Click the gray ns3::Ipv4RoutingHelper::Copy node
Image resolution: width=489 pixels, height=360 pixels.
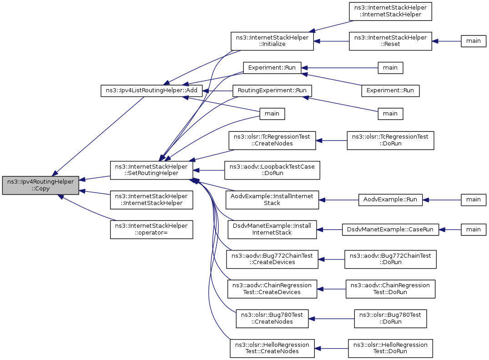click(x=40, y=185)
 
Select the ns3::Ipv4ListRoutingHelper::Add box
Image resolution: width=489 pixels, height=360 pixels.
click(x=151, y=90)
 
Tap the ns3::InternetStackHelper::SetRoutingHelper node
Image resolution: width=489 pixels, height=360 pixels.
click(x=151, y=170)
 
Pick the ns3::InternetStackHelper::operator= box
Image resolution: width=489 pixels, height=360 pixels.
click(x=151, y=230)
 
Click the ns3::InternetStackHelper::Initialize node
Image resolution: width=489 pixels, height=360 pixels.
click(x=272, y=41)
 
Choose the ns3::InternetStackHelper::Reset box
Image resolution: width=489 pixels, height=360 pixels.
click(x=390, y=41)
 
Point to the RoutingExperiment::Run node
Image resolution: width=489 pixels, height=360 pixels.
click(x=272, y=90)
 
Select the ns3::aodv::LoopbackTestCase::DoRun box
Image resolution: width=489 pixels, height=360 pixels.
click(x=272, y=170)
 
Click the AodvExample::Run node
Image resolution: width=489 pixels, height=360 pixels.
click(x=390, y=200)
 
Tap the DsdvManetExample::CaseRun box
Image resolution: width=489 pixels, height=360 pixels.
click(x=390, y=230)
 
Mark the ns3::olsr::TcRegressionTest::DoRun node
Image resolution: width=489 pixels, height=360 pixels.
click(x=390, y=140)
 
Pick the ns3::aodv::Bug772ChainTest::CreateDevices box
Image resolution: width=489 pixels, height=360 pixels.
click(x=272, y=259)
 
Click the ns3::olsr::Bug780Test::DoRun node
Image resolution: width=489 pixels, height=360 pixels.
click(x=390, y=319)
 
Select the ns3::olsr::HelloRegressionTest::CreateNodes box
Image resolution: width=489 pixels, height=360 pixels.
click(x=272, y=348)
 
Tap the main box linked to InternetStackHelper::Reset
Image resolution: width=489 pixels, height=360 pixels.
click(x=474, y=41)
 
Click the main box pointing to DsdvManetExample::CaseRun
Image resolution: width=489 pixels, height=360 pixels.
click(x=474, y=230)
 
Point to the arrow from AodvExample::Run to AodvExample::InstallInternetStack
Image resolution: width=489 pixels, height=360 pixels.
click(x=339, y=200)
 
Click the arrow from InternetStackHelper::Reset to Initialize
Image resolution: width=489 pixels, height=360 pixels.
click(x=331, y=41)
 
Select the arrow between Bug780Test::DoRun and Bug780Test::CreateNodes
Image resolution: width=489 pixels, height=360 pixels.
click(x=331, y=319)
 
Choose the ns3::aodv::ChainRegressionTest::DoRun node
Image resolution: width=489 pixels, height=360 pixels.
click(x=390, y=289)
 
